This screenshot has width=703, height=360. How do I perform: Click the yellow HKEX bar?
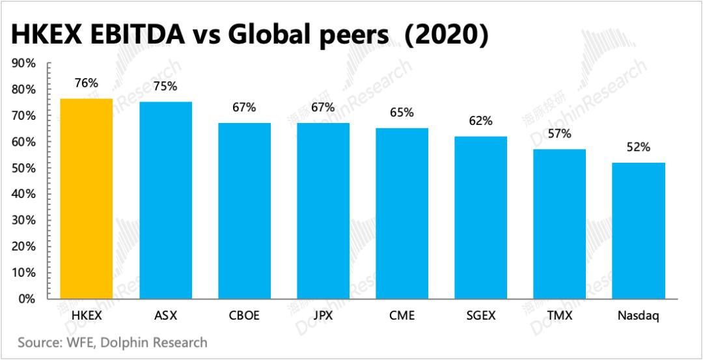click(x=86, y=199)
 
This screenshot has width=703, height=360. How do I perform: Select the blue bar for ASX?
click(x=165, y=201)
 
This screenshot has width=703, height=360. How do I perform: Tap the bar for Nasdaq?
click(x=639, y=230)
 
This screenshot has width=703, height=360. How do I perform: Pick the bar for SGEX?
click(x=480, y=217)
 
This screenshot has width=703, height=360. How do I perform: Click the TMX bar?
click(x=559, y=224)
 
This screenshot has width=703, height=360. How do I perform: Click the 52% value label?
click(x=639, y=147)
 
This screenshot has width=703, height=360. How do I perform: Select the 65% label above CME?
click(x=402, y=112)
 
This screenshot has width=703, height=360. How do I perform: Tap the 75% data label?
click(x=165, y=86)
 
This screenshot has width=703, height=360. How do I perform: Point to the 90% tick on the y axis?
click(x=23, y=63)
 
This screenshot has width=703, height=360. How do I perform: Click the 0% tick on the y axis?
click(x=26, y=299)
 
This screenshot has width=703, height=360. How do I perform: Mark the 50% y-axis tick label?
click(x=23, y=168)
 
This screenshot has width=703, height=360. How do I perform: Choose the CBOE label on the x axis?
click(x=244, y=316)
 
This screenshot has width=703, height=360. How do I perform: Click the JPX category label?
click(x=323, y=316)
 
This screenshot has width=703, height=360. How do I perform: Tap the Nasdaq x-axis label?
click(x=639, y=316)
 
